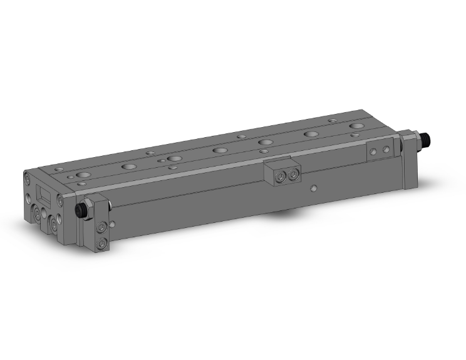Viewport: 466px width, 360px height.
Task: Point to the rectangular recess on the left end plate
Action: point(43,192)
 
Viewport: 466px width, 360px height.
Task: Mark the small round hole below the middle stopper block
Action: point(315,188)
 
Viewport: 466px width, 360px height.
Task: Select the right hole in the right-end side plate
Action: point(386,149)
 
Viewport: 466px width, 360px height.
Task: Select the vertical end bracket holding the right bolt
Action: point(410,157)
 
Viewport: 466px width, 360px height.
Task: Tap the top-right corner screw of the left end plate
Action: point(60,200)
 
